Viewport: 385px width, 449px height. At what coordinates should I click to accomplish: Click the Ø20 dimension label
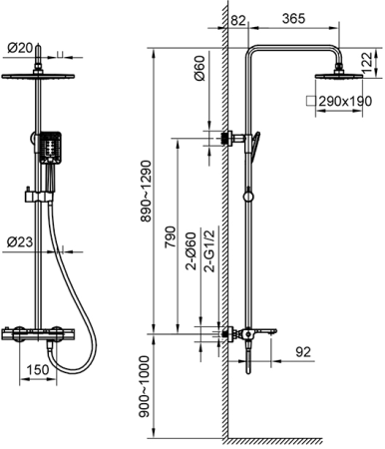pos(20,48)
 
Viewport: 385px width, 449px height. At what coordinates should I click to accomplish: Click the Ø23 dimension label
pos(20,241)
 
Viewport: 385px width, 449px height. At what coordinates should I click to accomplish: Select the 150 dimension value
pos(38,369)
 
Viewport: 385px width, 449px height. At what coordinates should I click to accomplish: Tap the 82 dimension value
pos(238,20)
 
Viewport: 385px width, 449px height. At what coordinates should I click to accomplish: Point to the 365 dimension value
pos(293,19)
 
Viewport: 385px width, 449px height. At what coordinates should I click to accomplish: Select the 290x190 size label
pos(345,101)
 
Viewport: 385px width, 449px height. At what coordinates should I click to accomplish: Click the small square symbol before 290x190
pos(311,101)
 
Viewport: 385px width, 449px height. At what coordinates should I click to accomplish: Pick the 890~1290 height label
pos(146,192)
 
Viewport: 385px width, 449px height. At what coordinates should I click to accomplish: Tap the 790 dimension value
pos(171,236)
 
